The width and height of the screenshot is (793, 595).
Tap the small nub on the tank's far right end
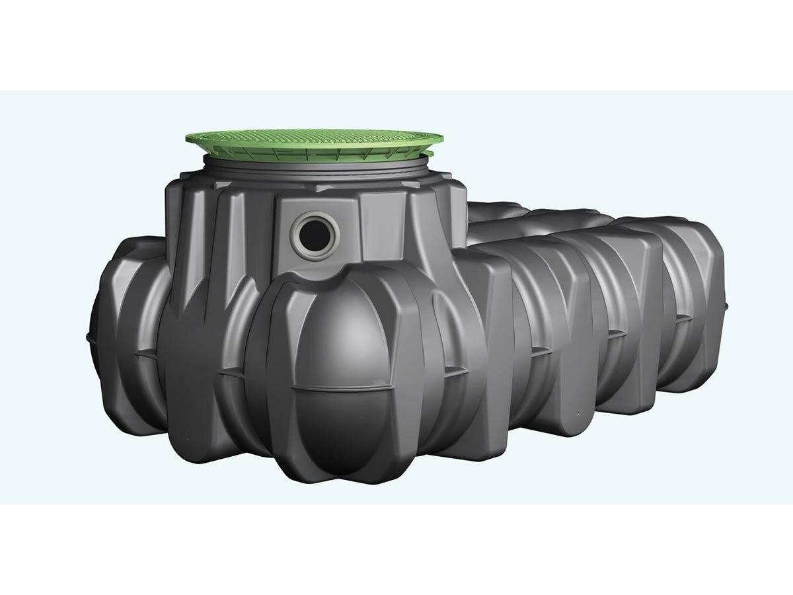727,305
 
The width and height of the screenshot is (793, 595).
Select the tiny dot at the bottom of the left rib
187,438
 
